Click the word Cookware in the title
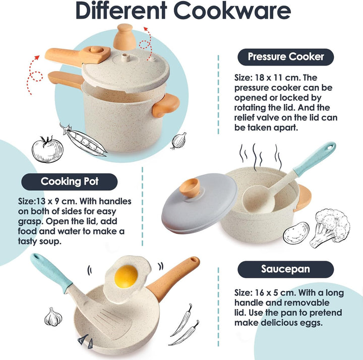pos(232,11)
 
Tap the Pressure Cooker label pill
pos(286,57)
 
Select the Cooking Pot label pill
pos(70,182)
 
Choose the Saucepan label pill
pos(286,269)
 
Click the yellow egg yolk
pos(126,276)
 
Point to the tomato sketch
pos(47,149)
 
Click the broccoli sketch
pos(329,227)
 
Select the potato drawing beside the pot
pos(296,232)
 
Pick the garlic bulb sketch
pos(53,317)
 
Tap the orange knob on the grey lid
pos(190,187)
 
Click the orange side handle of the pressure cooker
pos(166,105)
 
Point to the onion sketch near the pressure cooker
pos(178,141)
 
